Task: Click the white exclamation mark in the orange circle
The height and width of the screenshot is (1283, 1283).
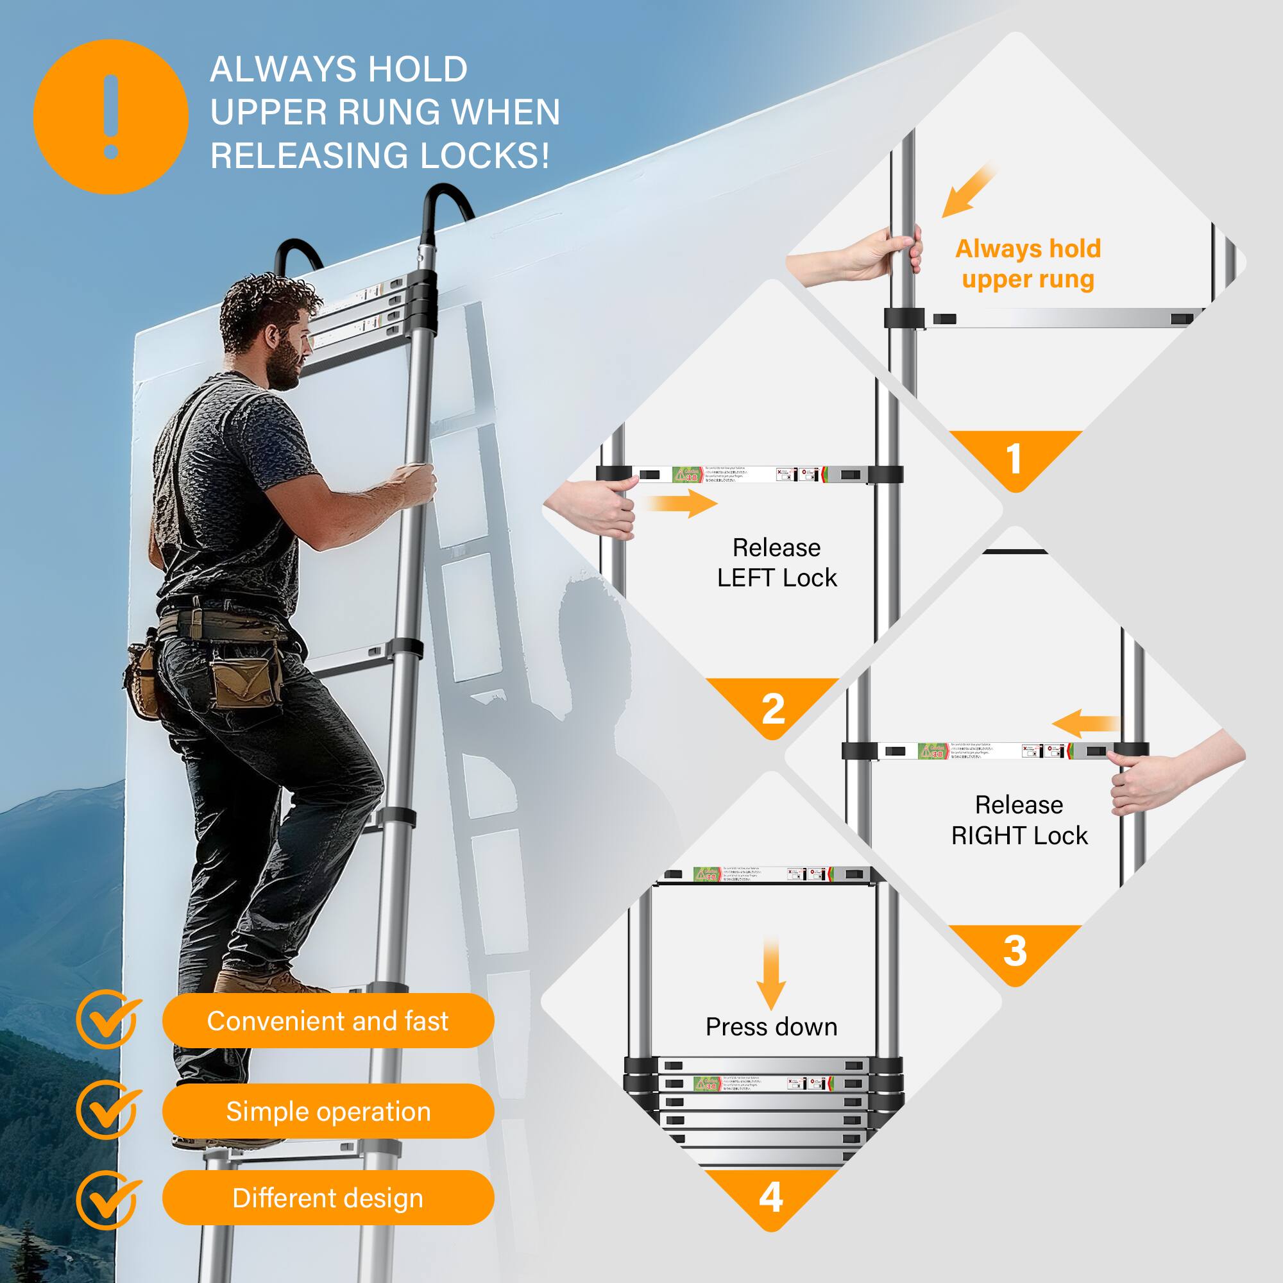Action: point(111,117)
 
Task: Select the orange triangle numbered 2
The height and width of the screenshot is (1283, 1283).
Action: point(773,704)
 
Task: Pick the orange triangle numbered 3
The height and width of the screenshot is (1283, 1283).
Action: point(1014,949)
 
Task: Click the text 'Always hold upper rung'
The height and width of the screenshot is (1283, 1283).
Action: point(1027,264)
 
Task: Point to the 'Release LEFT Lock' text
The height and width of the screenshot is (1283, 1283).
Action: point(776,563)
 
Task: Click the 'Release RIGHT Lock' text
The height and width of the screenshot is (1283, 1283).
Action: point(1019,819)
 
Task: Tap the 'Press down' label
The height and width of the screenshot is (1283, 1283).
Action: point(771,1026)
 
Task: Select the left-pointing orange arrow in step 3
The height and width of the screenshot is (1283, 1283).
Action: point(1084,723)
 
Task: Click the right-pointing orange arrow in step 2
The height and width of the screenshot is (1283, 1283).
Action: point(684,503)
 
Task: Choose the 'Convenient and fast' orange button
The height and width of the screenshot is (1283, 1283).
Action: point(328,1021)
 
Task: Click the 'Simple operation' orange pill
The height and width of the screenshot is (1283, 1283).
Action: point(328,1111)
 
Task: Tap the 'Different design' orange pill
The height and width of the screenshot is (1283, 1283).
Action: point(328,1198)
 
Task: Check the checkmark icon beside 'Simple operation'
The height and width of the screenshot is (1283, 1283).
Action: point(108,1110)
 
